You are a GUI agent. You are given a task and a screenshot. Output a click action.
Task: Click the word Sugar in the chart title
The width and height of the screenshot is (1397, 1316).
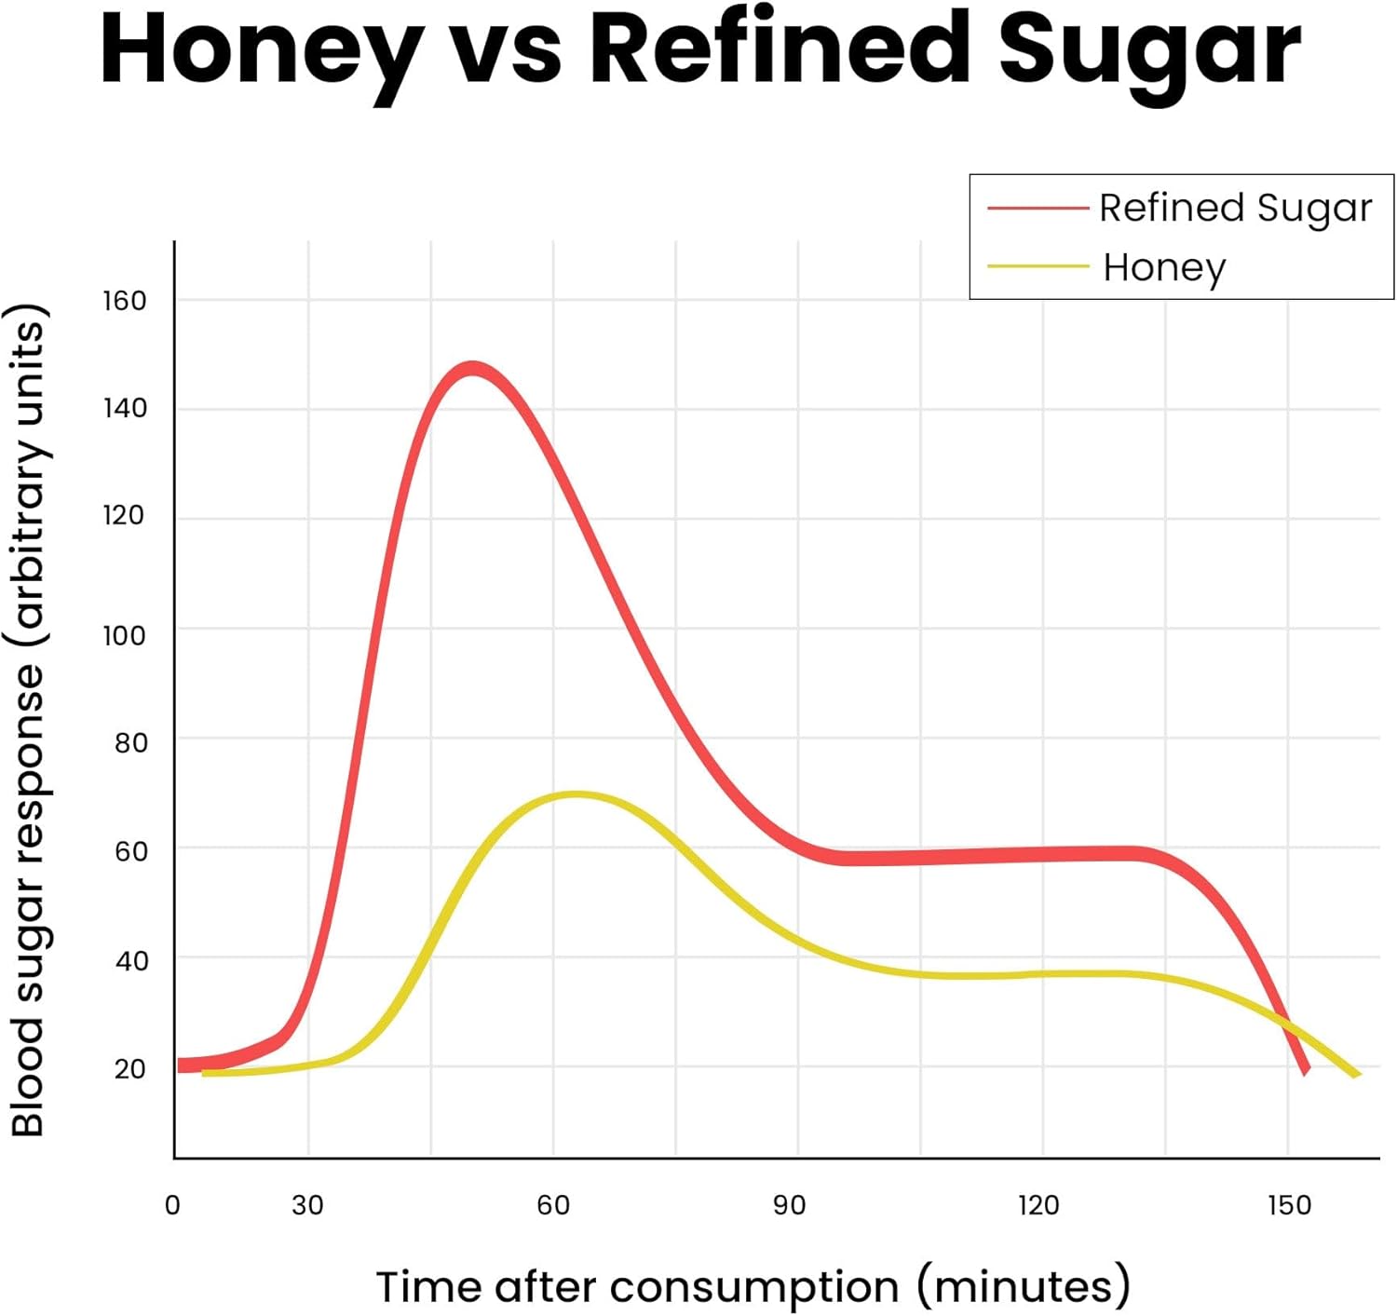pos(1149,51)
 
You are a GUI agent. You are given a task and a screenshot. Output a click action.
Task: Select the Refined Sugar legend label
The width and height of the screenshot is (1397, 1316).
pos(1235,208)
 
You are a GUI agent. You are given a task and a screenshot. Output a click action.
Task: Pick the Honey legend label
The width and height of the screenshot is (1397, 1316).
pos(1164,267)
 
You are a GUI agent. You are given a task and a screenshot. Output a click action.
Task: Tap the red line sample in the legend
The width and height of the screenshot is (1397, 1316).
pos(1038,208)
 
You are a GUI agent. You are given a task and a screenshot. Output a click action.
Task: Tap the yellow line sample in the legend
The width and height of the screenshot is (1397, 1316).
pos(1038,266)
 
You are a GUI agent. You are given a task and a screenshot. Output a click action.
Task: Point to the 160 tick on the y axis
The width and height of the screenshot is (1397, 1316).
pos(125,301)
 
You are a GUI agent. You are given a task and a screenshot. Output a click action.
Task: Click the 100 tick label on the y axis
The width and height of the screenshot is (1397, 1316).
pos(125,636)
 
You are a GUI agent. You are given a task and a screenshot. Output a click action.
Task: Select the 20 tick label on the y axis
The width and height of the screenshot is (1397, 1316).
pos(130,1069)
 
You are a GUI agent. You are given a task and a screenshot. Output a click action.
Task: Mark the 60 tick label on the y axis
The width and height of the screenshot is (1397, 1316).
pos(130,851)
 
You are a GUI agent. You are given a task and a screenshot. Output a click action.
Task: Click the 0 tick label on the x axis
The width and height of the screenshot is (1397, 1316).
pos(172,1205)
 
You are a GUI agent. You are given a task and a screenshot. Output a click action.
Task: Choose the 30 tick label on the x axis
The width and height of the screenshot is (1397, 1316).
pos(307,1205)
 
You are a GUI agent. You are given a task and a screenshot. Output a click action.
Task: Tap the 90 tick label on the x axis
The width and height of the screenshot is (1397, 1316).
pos(789,1205)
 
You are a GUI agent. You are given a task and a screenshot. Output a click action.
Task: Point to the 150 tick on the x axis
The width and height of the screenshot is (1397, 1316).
pos(1289,1205)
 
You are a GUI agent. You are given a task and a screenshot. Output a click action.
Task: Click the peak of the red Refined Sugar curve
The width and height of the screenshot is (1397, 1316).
pos(473,369)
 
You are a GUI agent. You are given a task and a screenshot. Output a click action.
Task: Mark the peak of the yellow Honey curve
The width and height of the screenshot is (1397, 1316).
pos(576,794)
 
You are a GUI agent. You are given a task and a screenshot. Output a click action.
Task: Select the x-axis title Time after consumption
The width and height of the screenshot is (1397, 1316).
pos(753,1287)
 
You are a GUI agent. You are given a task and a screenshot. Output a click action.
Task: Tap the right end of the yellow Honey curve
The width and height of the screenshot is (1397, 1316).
pos(1356,1074)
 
